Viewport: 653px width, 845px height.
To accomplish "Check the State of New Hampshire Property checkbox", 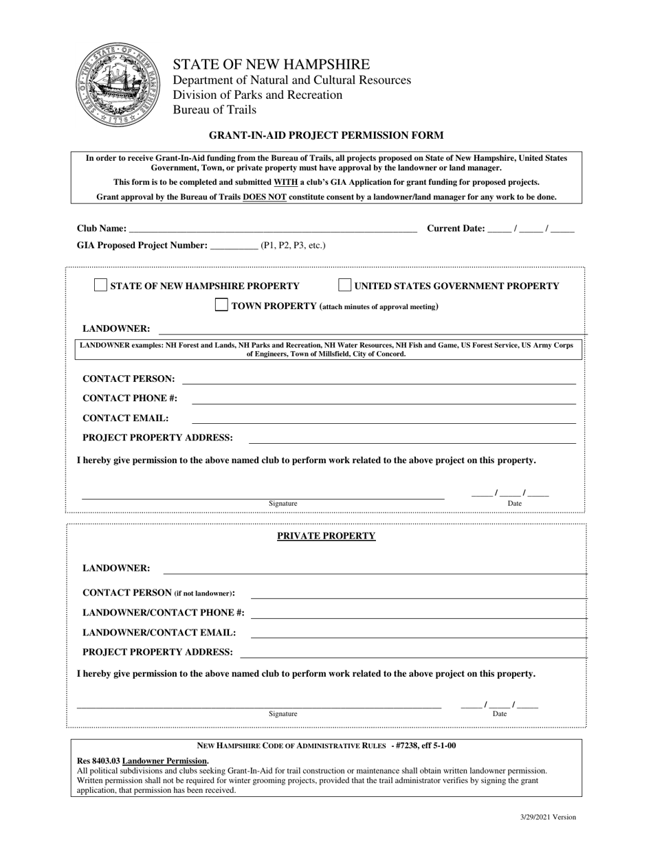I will click(x=100, y=285).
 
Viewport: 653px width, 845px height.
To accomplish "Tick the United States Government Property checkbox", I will click(x=345, y=285).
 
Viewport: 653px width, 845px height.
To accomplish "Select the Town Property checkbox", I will click(x=221, y=305).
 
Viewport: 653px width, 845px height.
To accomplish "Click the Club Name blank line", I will click(x=272, y=229).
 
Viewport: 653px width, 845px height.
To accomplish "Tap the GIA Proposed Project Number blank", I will click(x=233, y=245).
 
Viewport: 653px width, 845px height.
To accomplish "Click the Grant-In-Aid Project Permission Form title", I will click(x=326, y=135).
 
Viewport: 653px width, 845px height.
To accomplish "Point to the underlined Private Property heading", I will click(x=326, y=536).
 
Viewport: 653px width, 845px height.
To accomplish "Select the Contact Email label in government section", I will click(x=125, y=418).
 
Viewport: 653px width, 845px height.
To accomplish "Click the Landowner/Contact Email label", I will click(x=159, y=633).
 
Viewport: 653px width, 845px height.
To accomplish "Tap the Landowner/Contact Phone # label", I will click(x=163, y=613).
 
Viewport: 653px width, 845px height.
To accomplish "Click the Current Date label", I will click(x=456, y=229).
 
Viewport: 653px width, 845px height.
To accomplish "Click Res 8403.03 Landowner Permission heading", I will click(x=142, y=760).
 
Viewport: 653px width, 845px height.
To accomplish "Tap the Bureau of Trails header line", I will click(x=214, y=110).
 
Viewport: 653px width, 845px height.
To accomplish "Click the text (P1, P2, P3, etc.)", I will click(x=293, y=245).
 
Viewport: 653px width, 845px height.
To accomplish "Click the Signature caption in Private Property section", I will click(x=283, y=714).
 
